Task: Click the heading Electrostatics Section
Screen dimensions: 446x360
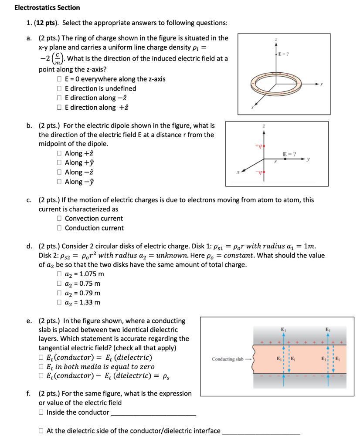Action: pyautogui.click(x=47, y=7)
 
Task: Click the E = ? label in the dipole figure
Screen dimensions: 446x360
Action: pyautogui.click(x=289, y=154)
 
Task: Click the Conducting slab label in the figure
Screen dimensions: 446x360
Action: pyautogui.click(x=228, y=359)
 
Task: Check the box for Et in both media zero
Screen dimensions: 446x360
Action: pyautogui.click(x=41, y=367)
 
